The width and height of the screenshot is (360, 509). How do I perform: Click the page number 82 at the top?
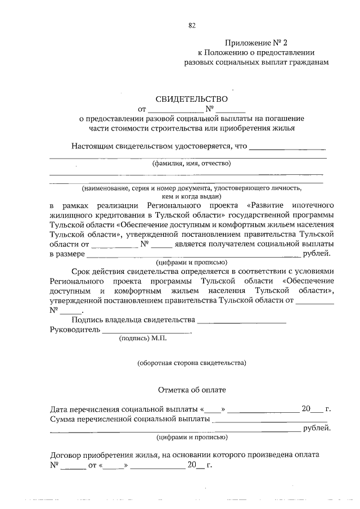tap(192, 25)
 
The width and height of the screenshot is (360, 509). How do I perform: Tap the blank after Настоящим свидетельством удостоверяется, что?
tap(287, 148)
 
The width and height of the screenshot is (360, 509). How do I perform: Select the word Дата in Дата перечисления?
tap(60, 409)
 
